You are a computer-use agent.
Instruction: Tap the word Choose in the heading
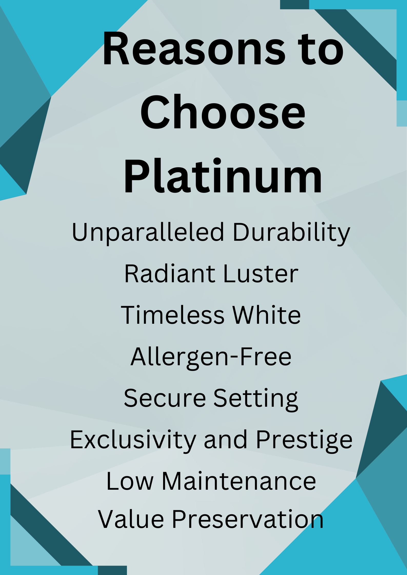coord(223,112)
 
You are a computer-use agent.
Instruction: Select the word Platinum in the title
coord(222,176)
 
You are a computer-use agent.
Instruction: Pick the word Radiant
coord(170,274)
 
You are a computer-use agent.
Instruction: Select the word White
coord(266,315)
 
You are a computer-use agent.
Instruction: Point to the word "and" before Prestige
coord(226,440)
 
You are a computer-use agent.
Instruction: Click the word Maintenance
coord(239,482)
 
